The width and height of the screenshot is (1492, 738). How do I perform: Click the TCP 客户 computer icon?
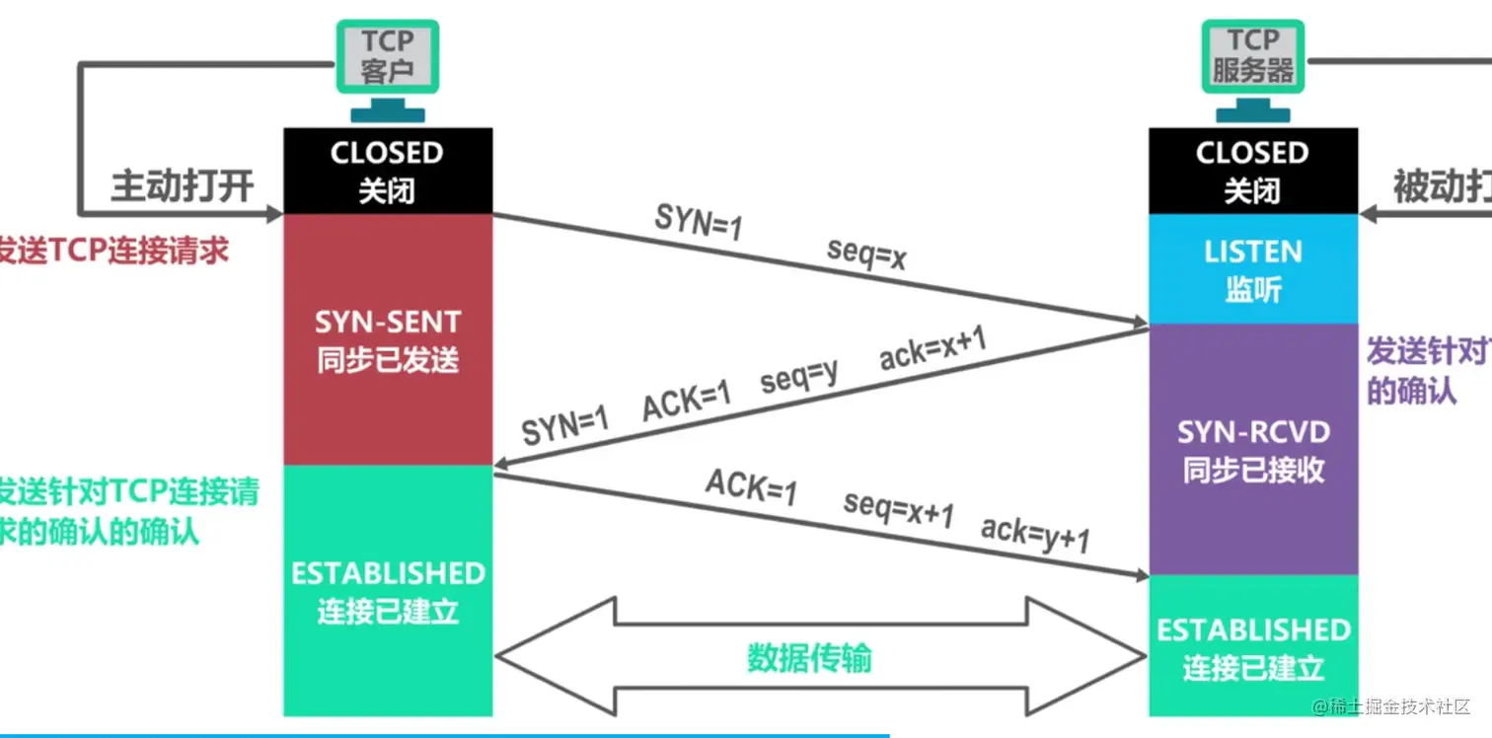click(x=387, y=57)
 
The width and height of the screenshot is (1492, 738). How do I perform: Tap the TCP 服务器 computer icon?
click(x=1252, y=57)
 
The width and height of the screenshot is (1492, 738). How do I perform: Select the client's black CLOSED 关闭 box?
click(x=387, y=170)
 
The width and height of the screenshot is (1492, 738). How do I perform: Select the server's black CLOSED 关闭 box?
click(x=1252, y=170)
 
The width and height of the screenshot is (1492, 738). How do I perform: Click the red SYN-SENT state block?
click(x=387, y=339)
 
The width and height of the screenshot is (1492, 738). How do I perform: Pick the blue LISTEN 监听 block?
click(x=1252, y=268)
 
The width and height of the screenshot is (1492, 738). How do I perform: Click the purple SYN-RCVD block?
click(x=1253, y=449)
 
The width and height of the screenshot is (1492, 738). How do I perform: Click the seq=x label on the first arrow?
click(x=867, y=257)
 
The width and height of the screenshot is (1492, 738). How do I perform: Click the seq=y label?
click(x=799, y=376)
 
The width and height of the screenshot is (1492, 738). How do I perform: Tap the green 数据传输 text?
click(x=808, y=657)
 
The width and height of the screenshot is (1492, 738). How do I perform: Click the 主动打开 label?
click(x=182, y=185)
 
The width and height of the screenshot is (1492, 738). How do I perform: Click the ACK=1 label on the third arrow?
click(x=751, y=487)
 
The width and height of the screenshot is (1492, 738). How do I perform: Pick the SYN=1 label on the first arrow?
click(x=698, y=223)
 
